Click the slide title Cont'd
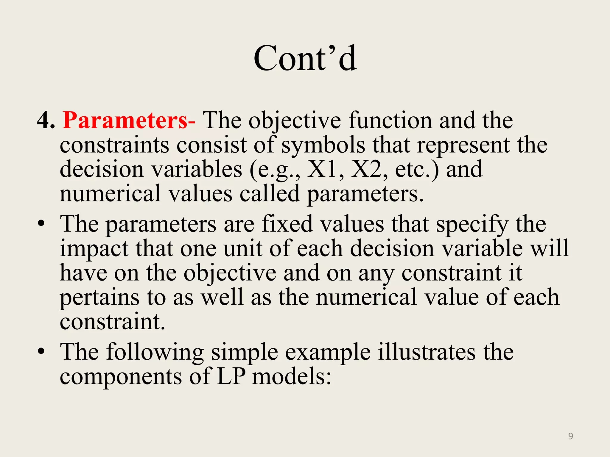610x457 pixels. pyautogui.click(x=305, y=58)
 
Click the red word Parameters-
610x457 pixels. pyautogui.click(x=129, y=120)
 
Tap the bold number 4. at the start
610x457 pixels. pyautogui.click(x=46, y=120)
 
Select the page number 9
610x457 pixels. pyautogui.click(x=570, y=436)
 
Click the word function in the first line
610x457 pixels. pyautogui.click(x=390, y=120)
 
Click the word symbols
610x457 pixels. pyautogui.click(x=323, y=145)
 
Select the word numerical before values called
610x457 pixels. pyautogui.click(x=110, y=193)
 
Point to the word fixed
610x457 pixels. pyautogui.click(x=287, y=224)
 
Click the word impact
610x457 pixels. pyautogui.click(x=94, y=249)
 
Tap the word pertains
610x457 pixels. pyautogui.click(x=99, y=298)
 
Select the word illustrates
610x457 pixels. pyautogui.click(x=427, y=352)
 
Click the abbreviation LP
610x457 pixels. pyautogui.click(x=231, y=376)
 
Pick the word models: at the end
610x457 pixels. pyautogui.click(x=292, y=376)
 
